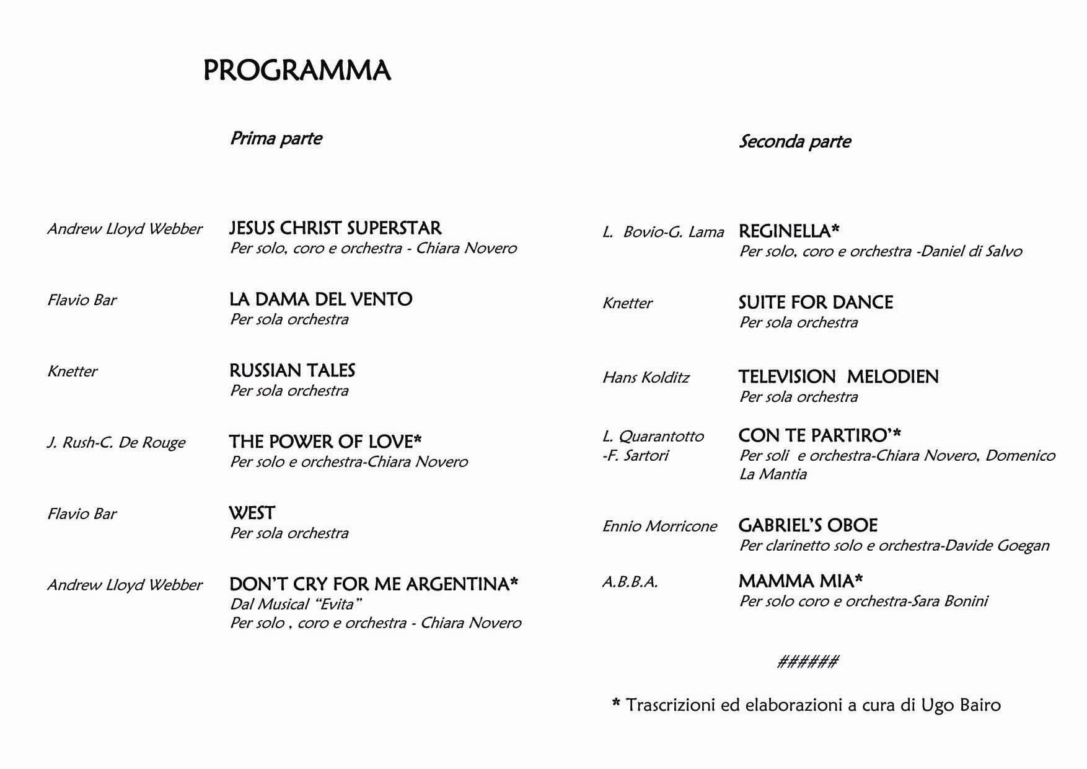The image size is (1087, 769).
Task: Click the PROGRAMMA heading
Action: coord(297,71)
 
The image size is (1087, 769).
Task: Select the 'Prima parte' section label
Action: coord(276,138)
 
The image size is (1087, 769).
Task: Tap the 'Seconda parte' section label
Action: coord(794,141)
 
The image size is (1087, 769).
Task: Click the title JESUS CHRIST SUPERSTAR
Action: coord(335,228)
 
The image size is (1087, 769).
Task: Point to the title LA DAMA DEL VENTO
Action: coord(320,299)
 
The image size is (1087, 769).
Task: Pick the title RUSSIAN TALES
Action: coord(292,370)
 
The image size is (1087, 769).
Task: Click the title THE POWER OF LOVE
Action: coord(325,442)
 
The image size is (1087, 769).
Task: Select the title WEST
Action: coord(252,513)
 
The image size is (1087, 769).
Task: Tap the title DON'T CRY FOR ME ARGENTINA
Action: coord(374,584)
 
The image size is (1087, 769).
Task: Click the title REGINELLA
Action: coord(789,231)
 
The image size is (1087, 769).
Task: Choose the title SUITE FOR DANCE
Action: coord(816,303)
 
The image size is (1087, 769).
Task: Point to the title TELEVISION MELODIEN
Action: coord(838,376)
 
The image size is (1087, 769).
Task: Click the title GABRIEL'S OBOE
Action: coord(808,525)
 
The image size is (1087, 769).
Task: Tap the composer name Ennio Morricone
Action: coord(659,527)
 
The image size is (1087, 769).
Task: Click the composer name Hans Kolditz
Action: coord(645,378)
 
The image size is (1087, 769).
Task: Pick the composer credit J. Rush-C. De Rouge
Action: coord(116,443)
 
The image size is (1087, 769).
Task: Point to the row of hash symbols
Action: coord(808,662)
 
